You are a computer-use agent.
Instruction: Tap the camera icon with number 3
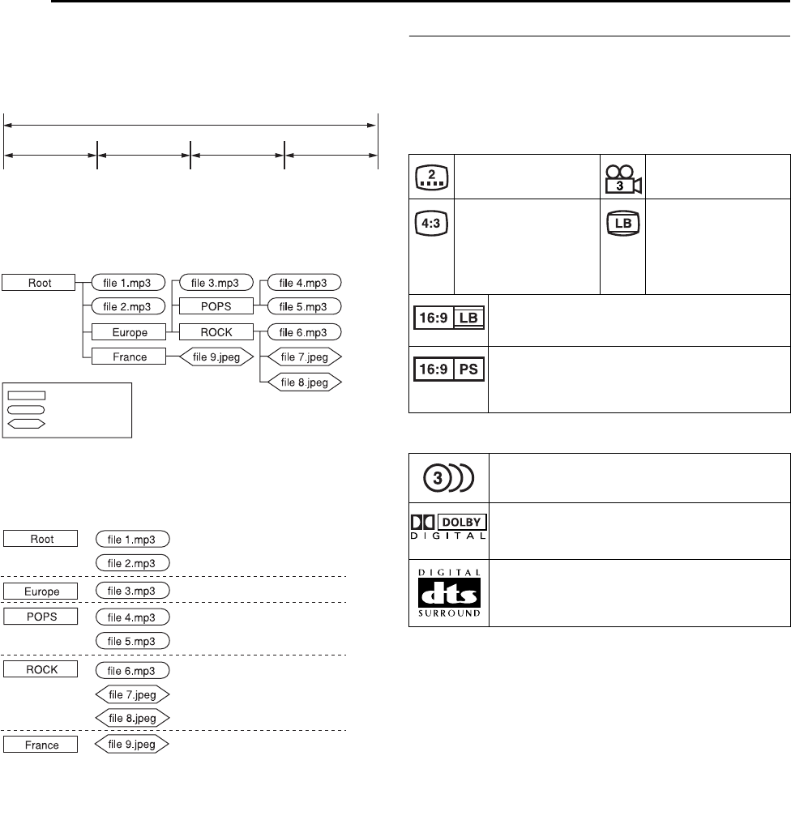pos(623,176)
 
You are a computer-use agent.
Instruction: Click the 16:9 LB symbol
pos(449,317)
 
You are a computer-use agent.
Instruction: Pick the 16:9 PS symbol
pos(449,367)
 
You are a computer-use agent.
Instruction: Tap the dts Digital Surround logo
pos(448,592)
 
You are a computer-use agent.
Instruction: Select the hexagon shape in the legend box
pos(27,423)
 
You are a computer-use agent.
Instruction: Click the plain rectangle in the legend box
pos(27,395)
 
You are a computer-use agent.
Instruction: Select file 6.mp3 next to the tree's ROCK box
pos(305,331)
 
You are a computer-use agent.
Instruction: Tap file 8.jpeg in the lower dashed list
pos(132,718)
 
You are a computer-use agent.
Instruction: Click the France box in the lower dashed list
pos(41,745)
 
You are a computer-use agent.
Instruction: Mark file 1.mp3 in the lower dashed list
pos(132,538)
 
